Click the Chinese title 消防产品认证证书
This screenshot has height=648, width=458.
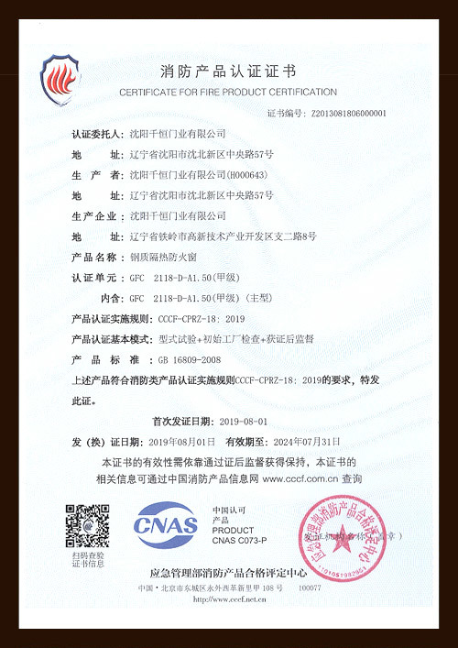click(228, 71)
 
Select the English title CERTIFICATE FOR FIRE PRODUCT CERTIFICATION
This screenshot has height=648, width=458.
click(228, 92)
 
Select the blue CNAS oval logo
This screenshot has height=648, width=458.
click(166, 525)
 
